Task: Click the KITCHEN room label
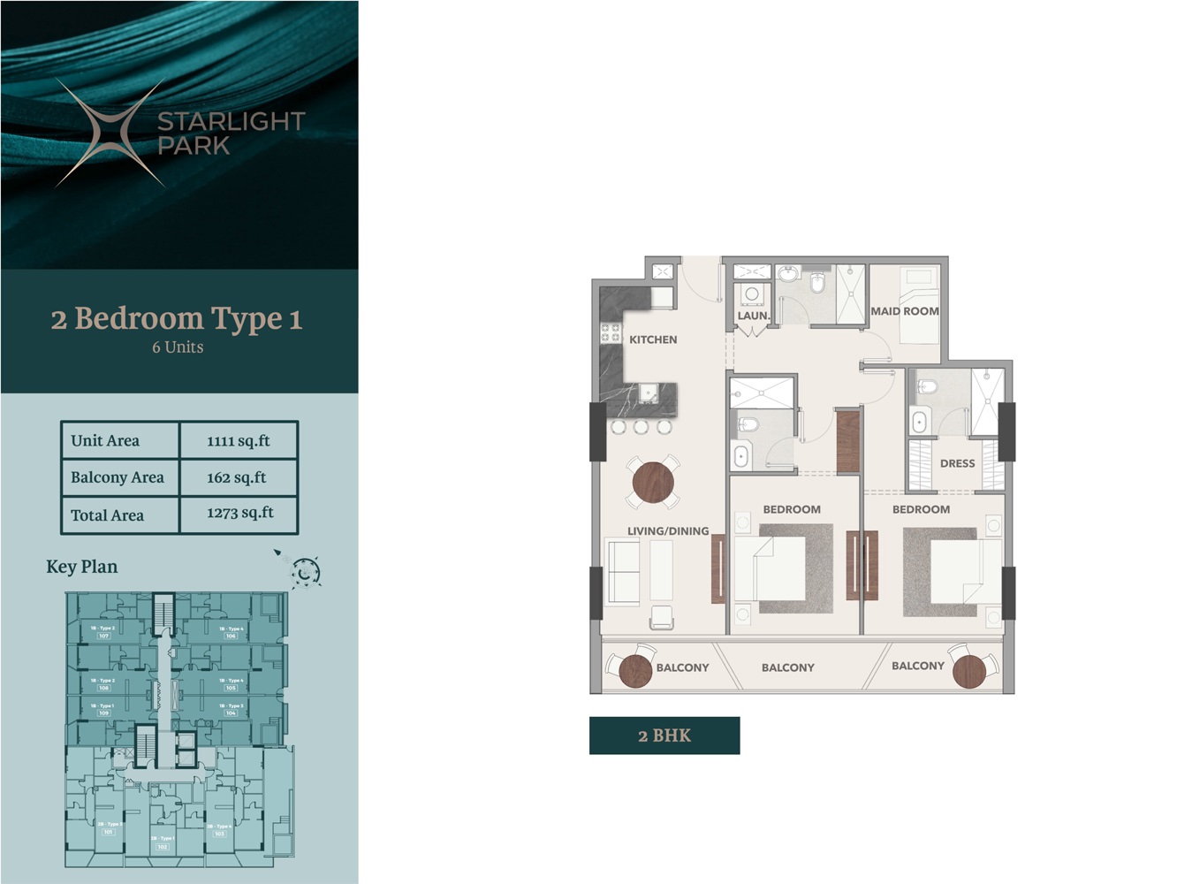(x=652, y=339)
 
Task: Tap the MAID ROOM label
(x=904, y=311)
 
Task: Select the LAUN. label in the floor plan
(x=753, y=316)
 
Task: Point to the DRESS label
(x=957, y=463)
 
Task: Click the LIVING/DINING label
(x=668, y=531)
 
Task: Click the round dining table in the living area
(x=653, y=483)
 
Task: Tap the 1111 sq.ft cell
(x=239, y=440)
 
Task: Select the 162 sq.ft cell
(x=237, y=477)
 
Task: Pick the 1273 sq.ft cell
(x=239, y=514)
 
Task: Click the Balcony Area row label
(x=118, y=477)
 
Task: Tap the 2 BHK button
(x=664, y=735)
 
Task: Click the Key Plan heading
(x=81, y=567)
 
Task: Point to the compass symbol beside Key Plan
(x=305, y=572)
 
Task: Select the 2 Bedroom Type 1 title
(x=177, y=318)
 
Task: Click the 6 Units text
(x=178, y=347)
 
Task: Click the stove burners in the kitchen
(x=611, y=332)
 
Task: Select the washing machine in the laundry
(x=752, y=294)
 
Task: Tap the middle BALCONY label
(x=787, y=667)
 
